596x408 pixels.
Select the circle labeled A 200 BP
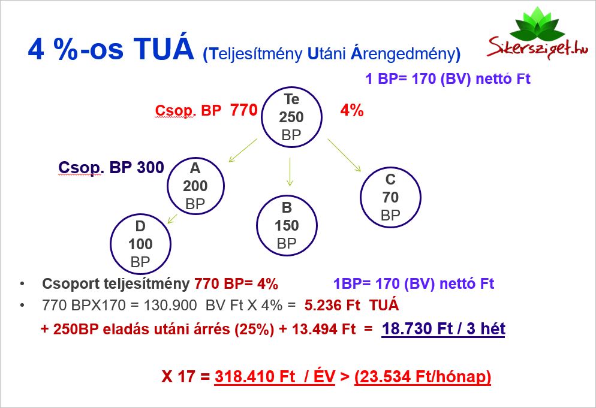click(168, 186)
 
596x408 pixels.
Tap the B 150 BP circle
click(257, 225)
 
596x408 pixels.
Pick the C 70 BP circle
click(361, 198)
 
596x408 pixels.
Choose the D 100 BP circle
click(110, 244)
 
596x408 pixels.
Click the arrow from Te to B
click(290, 172)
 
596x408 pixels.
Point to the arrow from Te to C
click(344, 155)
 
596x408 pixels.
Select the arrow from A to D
click(172, 219)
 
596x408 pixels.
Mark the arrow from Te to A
click(243, 150)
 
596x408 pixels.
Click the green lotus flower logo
click(537, 23)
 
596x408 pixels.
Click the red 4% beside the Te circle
click(351, 111)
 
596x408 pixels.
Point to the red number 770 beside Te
click(243, 110)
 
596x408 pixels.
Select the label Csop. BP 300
click(111, 168)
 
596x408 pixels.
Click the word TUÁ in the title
click(164, 49)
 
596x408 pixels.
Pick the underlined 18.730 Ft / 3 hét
click(444, 328)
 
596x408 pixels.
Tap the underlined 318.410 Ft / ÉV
click(275, 376)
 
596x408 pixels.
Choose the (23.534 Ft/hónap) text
click(423, 377)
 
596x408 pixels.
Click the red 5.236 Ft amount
click(332, 305)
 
